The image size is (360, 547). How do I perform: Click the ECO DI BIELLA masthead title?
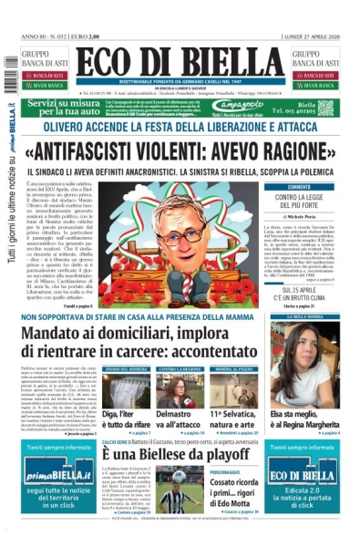[180, 65]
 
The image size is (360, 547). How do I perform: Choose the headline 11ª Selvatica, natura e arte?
[237, 419]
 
